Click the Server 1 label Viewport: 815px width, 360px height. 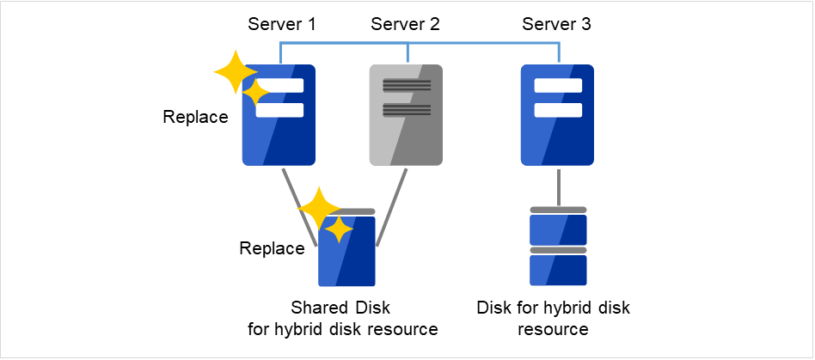[281, 24]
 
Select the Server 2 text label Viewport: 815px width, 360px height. [405, 24]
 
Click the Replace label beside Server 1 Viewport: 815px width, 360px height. [195, 117]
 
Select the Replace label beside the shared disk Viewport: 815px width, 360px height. [272, 249]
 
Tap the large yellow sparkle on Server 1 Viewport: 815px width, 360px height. [233, 72]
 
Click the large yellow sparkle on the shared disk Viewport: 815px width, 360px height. [319, 207]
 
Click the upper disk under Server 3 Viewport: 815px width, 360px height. [558, 229]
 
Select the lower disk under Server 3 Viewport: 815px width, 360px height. [558, 269]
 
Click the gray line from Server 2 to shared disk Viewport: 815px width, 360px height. [389, 206]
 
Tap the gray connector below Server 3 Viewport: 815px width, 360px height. [559, 186]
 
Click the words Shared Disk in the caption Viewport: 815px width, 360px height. [340, 308]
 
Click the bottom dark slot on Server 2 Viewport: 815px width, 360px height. [407, 109]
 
